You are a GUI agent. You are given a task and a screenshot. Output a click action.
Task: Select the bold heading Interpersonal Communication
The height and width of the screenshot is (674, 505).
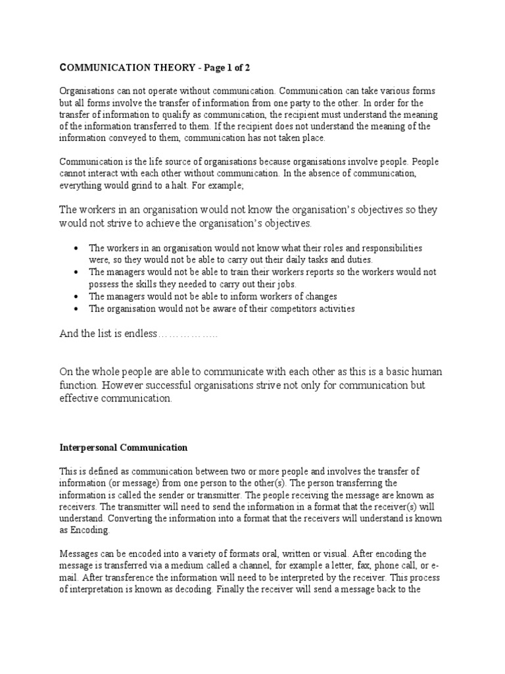coord(124,448)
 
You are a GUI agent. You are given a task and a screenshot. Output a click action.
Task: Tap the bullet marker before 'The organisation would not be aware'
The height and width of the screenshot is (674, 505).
coord(78,309)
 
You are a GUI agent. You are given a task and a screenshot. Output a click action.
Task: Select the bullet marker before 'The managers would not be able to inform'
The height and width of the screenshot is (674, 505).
coord(78,297)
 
